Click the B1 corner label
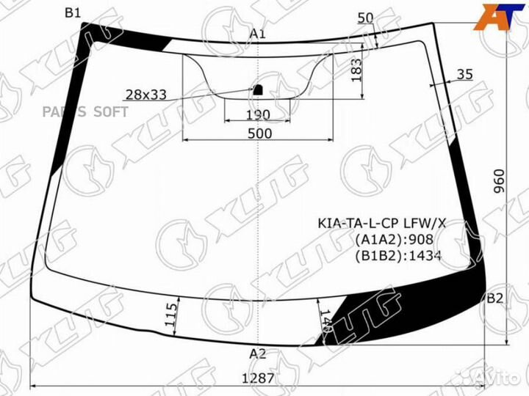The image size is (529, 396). [x=73, y=12]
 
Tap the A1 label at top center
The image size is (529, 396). [x=257, y=34]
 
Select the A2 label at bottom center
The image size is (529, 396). [x=257, y=353]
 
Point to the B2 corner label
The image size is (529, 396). [x=495, y=298]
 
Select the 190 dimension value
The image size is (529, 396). [x=257, y=115]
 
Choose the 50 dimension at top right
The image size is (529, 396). [x=365, y=18]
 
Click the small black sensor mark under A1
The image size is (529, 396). [x=258, y=89]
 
